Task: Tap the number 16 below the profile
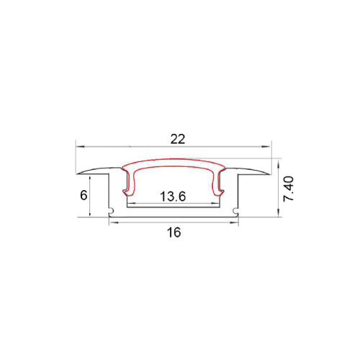point(174,233)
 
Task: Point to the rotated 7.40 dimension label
point(289,189)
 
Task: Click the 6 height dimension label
point(84,195)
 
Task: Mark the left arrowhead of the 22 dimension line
point(78,148)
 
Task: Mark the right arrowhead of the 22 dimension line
point(275,148)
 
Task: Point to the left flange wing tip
point(78,173)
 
